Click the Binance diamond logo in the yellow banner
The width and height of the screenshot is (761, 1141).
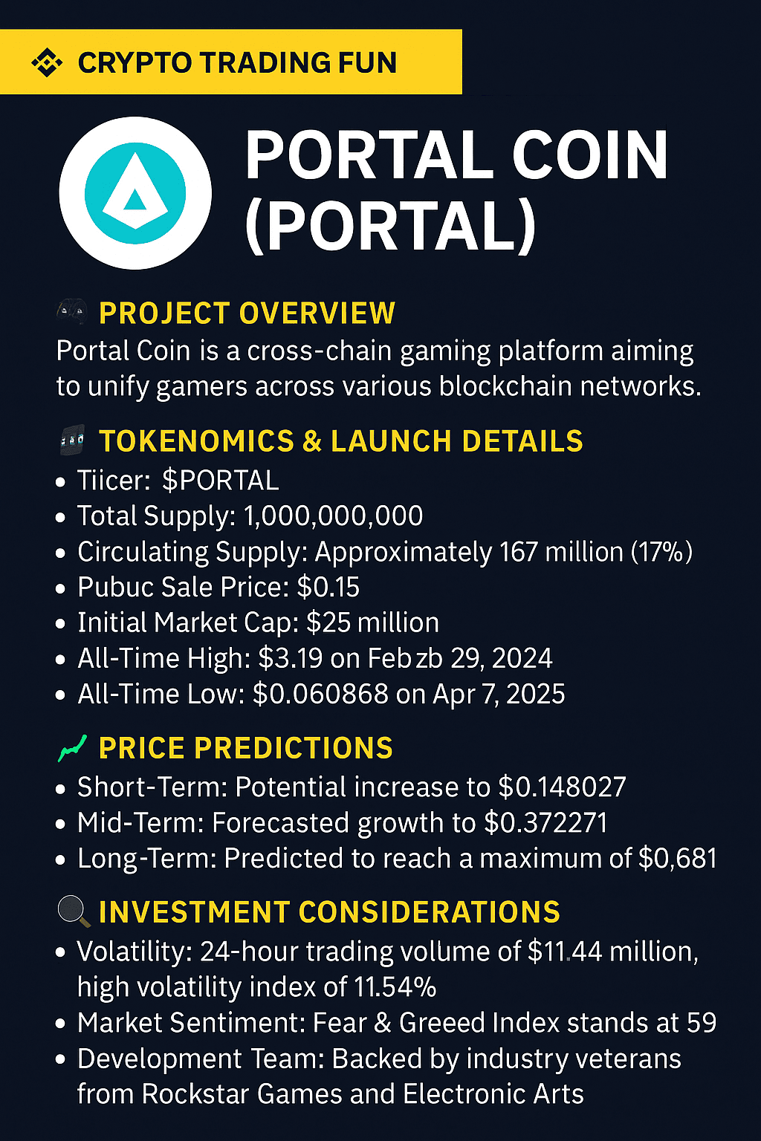47,62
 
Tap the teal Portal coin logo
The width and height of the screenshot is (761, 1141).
135,193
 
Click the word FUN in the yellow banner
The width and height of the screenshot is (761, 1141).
367,62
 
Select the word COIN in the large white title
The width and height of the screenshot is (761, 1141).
590,156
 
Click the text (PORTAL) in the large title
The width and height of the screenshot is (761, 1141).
391,226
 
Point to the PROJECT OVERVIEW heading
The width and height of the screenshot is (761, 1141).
247,313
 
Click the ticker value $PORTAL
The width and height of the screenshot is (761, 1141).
220,481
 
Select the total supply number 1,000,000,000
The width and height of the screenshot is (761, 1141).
334,516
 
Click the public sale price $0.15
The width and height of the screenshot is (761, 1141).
328,588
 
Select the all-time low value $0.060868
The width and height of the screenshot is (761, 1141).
320,694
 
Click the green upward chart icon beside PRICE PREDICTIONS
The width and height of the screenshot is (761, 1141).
72,749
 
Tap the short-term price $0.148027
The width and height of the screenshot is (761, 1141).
562,787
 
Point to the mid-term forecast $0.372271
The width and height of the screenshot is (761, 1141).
545,823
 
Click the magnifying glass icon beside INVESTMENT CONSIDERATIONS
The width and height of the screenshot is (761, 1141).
74,911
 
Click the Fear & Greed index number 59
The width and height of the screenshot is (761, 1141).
701,1023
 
